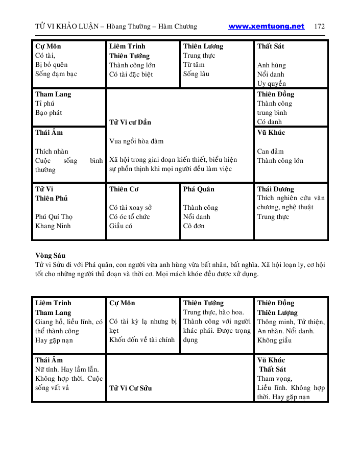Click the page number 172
[320, 27]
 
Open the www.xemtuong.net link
[266, 27]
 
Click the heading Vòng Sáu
[50, 255]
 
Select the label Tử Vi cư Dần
[130, 122]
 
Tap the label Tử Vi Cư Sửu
[130, 388]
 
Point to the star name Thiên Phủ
[52, 198]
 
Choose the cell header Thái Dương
[276, 189]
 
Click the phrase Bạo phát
[49, 113]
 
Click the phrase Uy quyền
[272, 84]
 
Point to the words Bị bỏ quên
[52, 65]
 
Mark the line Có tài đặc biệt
[131, 74]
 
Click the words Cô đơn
[194, 226]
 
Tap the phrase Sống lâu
[196, 74]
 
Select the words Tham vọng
[274, 379]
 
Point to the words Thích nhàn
[52, 151]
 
